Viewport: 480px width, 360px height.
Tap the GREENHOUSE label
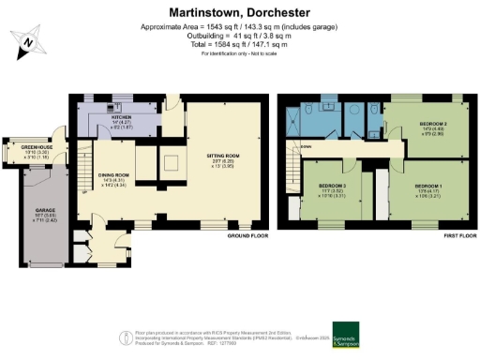(x=22, y=147)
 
